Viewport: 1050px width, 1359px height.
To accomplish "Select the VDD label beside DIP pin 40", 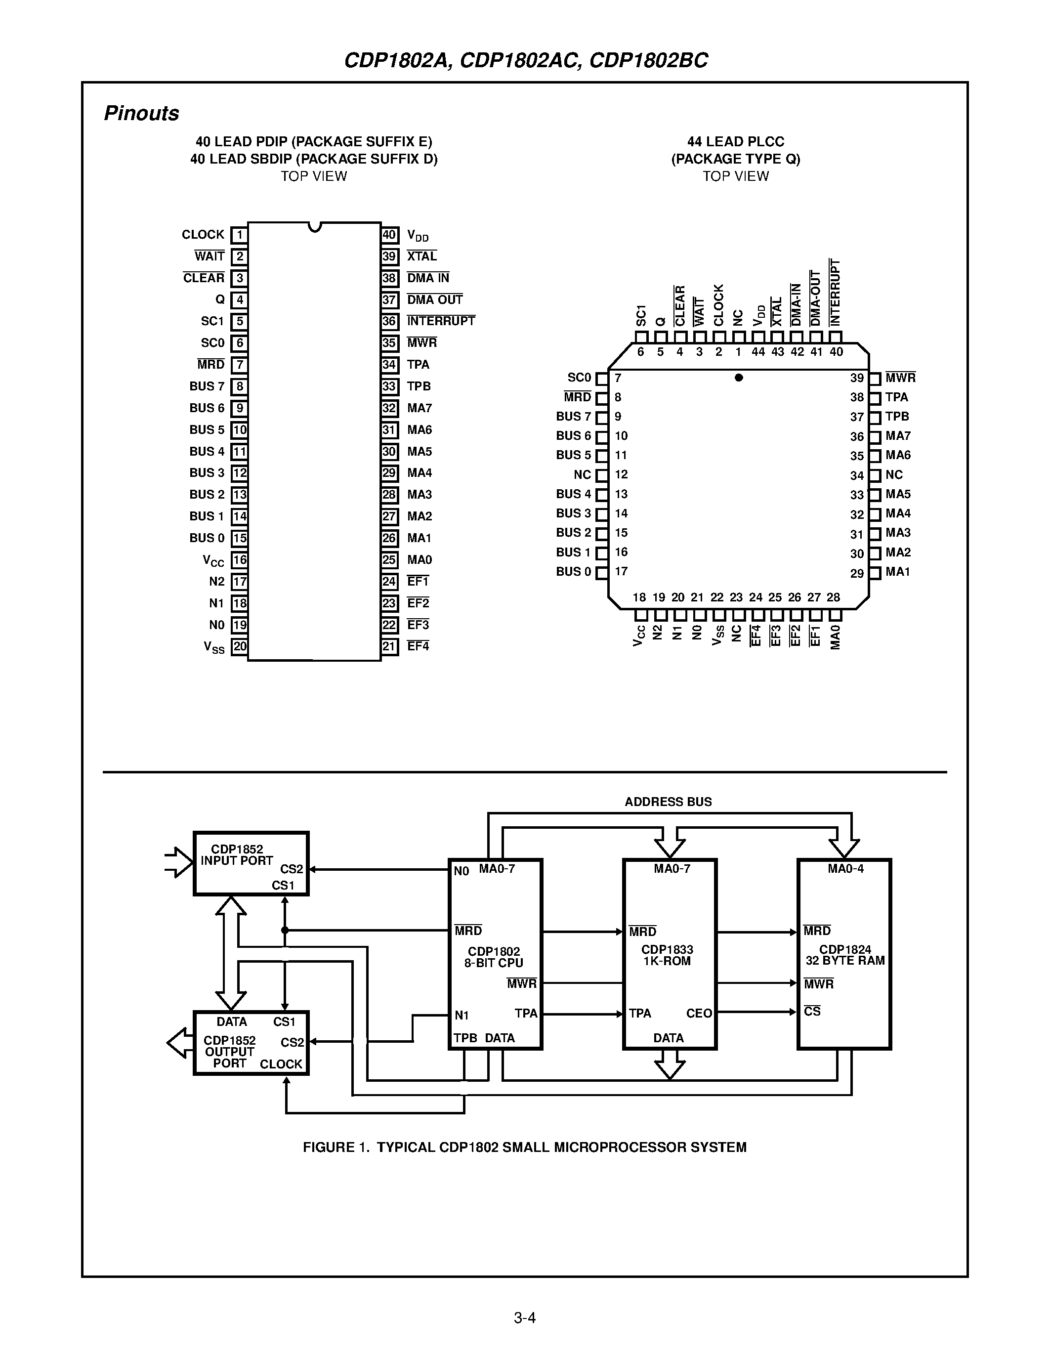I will click(x=418, y=236).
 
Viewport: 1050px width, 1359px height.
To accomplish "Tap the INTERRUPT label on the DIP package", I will click(x=440, y=321).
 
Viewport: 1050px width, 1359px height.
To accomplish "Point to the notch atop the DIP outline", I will click(x=315, y=226).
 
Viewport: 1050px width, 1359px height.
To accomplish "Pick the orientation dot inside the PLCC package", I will click(x=738, y=378).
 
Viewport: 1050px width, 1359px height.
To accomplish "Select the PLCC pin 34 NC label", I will click(x=894, y=475).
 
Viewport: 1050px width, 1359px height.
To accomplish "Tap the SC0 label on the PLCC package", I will click(x=579, y=378).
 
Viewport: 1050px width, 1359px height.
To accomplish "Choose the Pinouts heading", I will click(x=141, y=113).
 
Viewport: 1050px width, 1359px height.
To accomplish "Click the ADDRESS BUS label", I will click(x=668, y=802).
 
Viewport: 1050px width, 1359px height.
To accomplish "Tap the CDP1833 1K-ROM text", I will click(x=667, y=955).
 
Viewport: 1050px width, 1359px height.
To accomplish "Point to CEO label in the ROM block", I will click(x=699, y=1014).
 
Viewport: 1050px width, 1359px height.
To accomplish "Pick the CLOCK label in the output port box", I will click(x=281, y=1064).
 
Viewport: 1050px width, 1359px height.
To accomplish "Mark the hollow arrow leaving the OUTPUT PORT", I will click(x=180, y=1043).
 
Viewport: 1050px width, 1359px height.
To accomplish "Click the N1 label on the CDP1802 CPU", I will click(x=461, y=1016).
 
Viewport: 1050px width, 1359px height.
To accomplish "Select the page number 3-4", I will click(x=524, y=1317).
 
